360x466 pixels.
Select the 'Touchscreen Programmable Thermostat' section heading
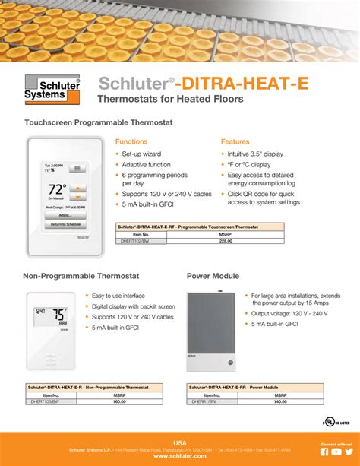[x=99, y=122]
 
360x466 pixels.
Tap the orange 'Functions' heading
[x=131, y=141]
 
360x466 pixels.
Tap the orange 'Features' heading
[x=235, y=141]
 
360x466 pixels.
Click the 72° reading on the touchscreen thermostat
[x=58, y=190]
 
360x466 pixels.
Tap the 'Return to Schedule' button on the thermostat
[x=66, y=225]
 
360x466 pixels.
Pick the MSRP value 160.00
[x=119, y=401]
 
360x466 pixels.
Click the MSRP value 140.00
[x=280, y=401]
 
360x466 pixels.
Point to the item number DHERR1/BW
[x=204, y=401]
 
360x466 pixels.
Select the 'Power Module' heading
[x=213, y=277]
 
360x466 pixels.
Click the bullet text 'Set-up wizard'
[x=143, y=154]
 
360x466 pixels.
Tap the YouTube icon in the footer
[x=336, y=451]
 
